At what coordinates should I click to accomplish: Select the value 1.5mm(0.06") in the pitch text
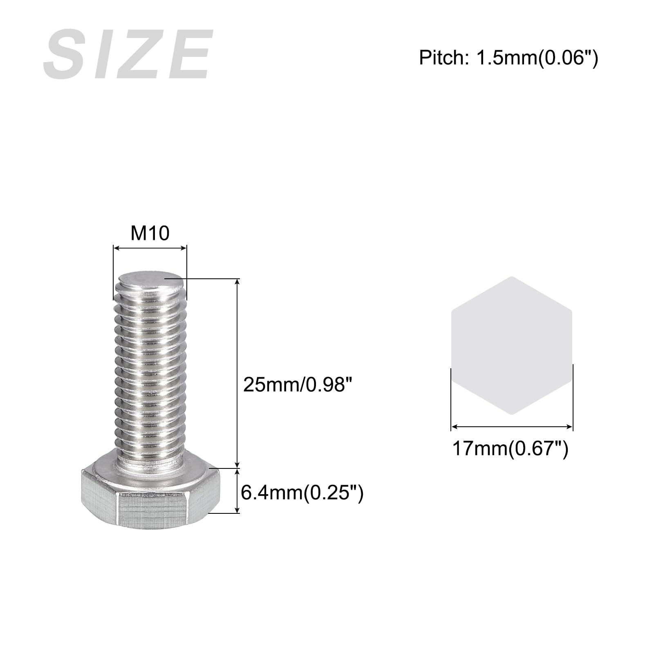[x=536, y=58]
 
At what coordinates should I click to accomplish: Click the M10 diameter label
[x=150, y=233]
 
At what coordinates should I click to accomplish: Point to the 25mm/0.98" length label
[x=298, y=385]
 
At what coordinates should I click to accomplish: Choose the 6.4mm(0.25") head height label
[x=302, y=493]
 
